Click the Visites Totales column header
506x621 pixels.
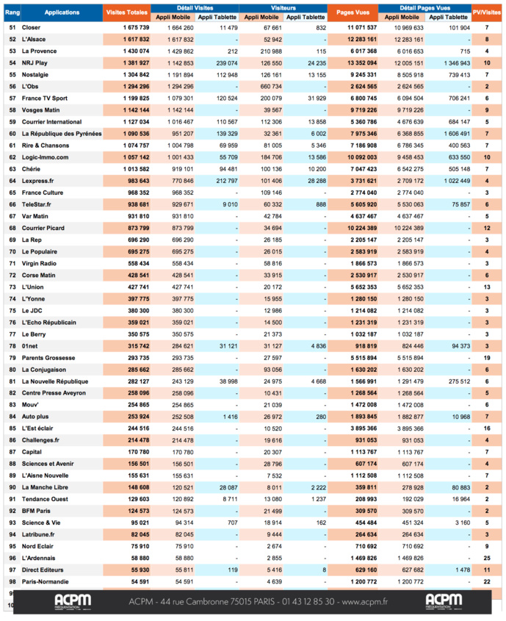[126, 12]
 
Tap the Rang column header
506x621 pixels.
[12, 12]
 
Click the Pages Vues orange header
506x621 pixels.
[353, 12]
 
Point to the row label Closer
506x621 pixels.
[32, 27]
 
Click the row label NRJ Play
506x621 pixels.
[35, 63]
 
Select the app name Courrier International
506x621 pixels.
[51, 121]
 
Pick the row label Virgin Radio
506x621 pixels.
[40, 263]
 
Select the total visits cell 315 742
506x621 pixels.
[137, 346]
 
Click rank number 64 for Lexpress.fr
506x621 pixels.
[12, 180]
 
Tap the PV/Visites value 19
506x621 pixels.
[487, 358]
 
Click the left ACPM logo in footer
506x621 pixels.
[73, 601]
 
